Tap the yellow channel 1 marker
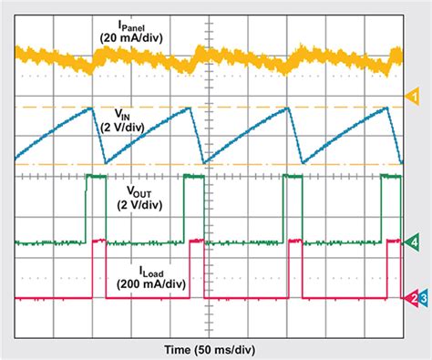(411, 96)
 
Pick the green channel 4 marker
(412, 242)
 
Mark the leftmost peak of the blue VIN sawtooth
(92, 108)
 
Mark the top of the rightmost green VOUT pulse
(392, 175)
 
